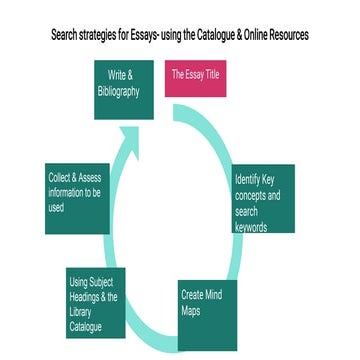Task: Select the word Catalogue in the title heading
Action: pos(220,35)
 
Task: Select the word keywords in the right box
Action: pos(251,227)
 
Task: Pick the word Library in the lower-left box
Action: pos(79,312)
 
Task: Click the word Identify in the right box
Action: pos(248,179)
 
